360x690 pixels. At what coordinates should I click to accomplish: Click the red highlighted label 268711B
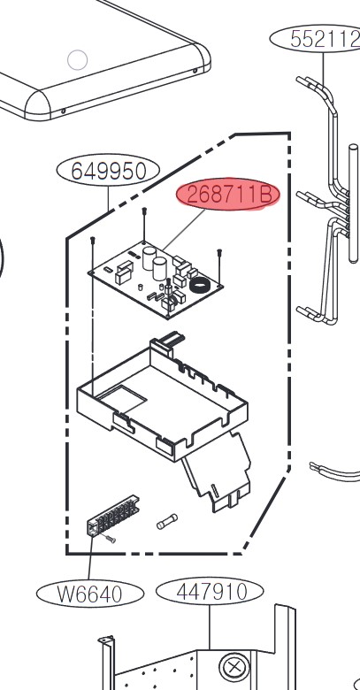(x=228, y=195)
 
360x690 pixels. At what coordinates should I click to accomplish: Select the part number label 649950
(x=108, y=171)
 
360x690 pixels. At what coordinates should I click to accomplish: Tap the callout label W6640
(x=90, y=594)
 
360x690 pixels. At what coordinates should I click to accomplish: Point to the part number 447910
(x=210, y=592)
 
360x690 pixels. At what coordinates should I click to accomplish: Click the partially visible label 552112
(x=315, y=39)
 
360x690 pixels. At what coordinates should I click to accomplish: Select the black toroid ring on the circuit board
(x=201, y=286)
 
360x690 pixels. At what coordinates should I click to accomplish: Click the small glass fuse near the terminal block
(x=167, y=521)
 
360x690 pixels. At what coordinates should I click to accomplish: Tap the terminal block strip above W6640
(x=113, y=516)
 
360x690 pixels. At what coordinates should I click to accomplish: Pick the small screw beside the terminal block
(x=110, y=539)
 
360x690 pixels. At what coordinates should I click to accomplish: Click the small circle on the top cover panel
(x=78, y=60)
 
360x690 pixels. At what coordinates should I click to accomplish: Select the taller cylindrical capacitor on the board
(x=149, y=258)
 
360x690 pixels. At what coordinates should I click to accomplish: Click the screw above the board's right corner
(x=219, y=266)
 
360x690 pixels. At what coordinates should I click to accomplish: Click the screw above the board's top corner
(x=144, y=225)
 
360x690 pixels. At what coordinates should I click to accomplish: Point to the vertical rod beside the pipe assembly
(x=354, y=203)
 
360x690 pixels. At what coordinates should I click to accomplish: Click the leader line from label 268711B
(x=185, y=230)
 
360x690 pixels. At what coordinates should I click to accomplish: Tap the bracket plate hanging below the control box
(x=217, y=473)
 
